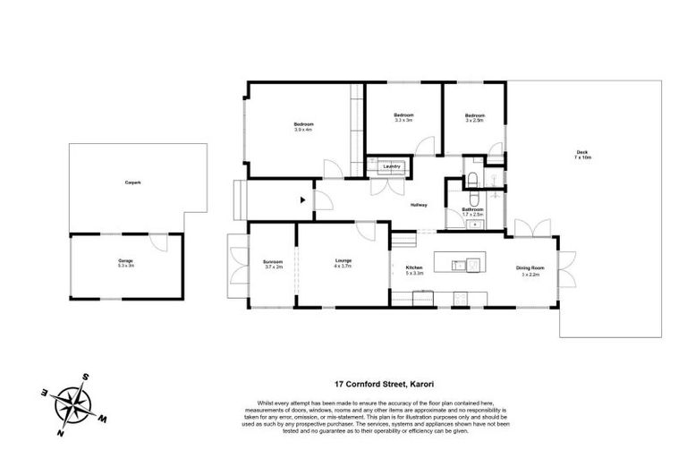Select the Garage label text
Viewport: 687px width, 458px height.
point(125,260)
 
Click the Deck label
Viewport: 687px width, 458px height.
point(583,152)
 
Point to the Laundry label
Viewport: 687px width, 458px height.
point(390,166)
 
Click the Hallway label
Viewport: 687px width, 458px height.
point(419,205)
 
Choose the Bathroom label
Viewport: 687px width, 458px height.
point(472,209)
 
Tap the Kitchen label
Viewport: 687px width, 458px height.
point(414,267)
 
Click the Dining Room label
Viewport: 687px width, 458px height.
point(530,267)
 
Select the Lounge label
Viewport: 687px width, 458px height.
point(343,261)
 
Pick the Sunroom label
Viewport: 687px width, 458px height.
point(273,262)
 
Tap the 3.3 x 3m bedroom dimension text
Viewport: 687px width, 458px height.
point(404,120)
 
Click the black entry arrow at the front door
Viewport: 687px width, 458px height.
point(304,199)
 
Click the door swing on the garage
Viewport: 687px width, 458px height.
point(157,242)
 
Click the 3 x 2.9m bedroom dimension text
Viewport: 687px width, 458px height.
point(474,120)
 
